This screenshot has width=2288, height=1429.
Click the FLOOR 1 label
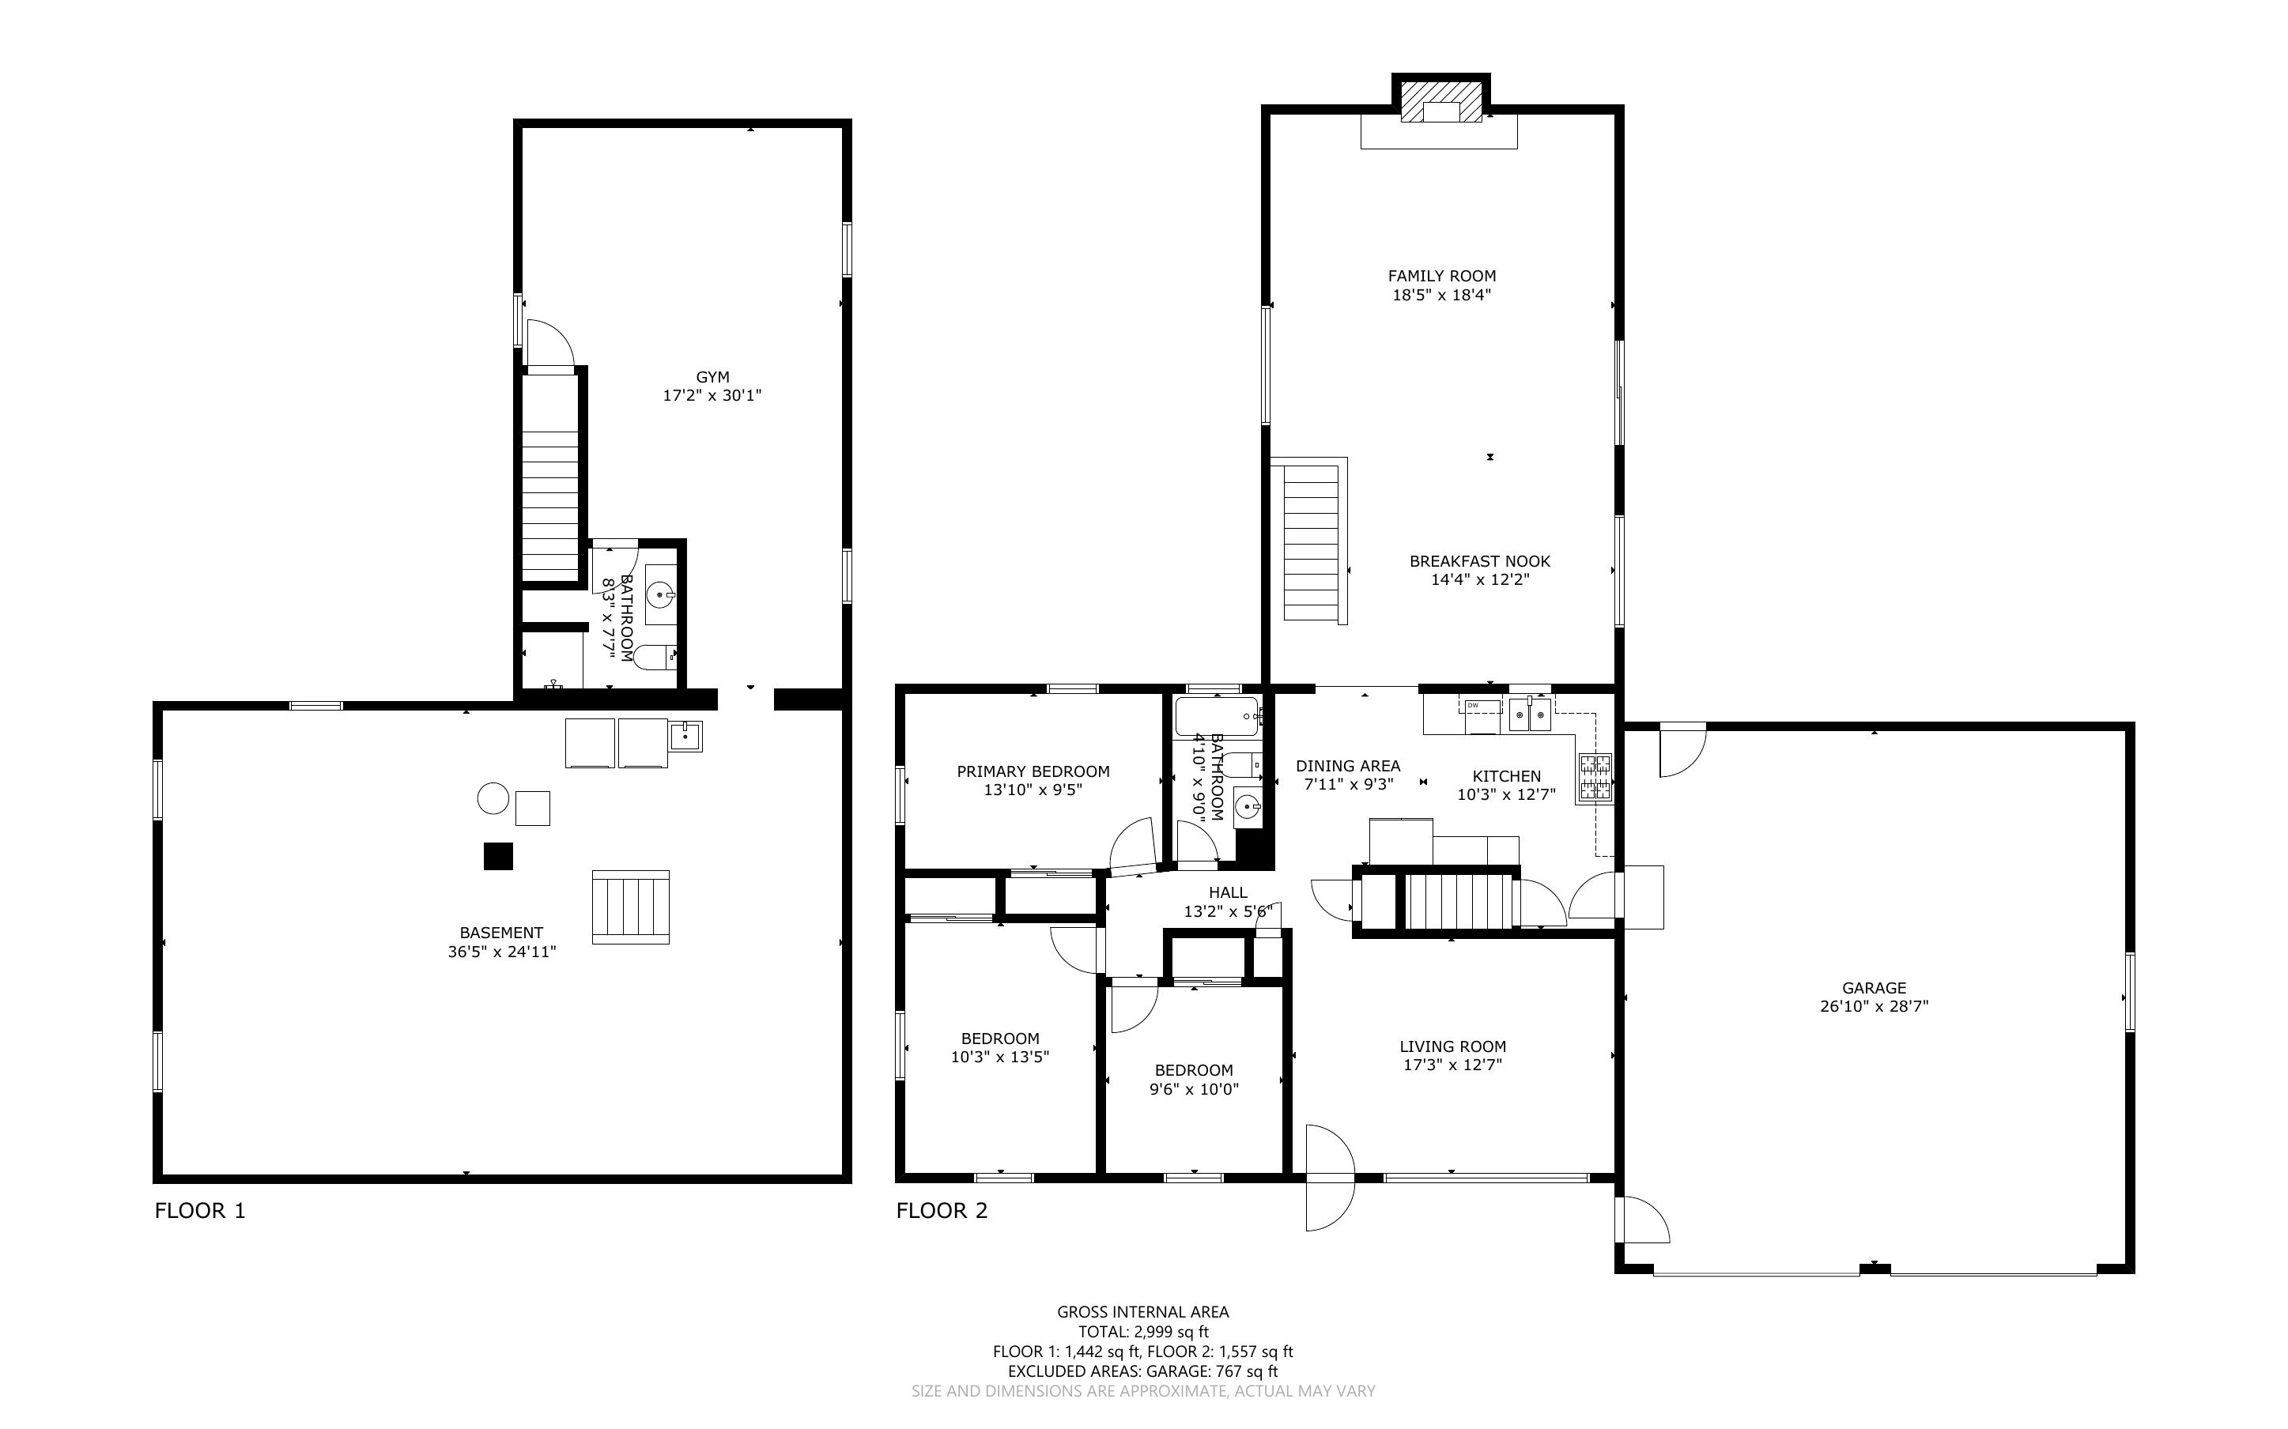pyautogui.click(x=199, y=1211)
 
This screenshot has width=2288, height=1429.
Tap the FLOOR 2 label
pyautogui.click(x=942, y=1211)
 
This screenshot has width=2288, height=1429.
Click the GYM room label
pyautogui.click(x=712, y=377)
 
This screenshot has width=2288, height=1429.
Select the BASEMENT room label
pyautogui.click(x=501, y=933)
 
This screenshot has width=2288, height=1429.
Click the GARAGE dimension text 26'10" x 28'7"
pyautogui.click(x=1874, y=1006)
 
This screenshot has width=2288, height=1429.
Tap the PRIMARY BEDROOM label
pyautogui.click(x=1033, y=771)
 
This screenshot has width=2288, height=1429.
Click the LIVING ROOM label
pyautogui.click(x=1452, y=1046)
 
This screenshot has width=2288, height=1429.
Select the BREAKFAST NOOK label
pyautogui.click(x=1480, y=561)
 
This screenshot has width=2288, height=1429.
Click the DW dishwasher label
pyautogui.click(x=1472, y=705)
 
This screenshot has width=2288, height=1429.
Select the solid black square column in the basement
pyautogui.click(x=498, y=856)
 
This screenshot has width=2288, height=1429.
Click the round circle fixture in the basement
pyautogui.click(x=493, y=798)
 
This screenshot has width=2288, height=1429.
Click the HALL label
pyautogui.click(x=1228, y=892)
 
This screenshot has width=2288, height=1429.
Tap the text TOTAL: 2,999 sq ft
pyautogui.click(x=1143, y=1332)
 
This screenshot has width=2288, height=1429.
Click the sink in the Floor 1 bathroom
pyautogui.click(x=659, y=595)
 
